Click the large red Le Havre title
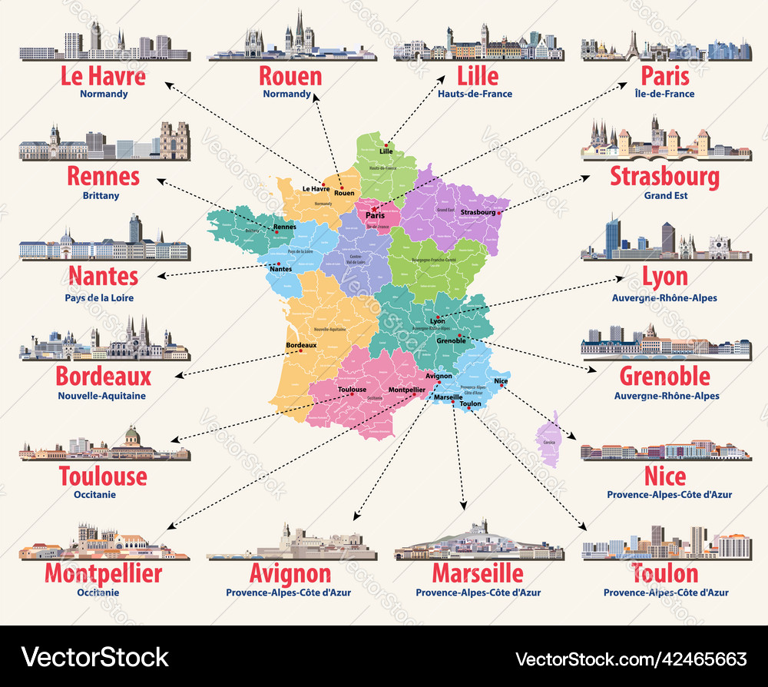click(x=103, y=76)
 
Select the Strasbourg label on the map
click(x=477, y=212)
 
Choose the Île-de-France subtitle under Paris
click(x=665, y=95)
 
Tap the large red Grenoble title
click(x=665, y=377)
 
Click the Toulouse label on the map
click(x=352, y=390)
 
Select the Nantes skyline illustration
click(x=104, y=240)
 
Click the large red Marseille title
click(x=478, y=573)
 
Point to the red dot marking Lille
click(x=386, y=143)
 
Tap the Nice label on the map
click(x=501, y=381)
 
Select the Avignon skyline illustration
click(x=292, y=544)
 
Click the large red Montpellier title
click(x=103, y=573)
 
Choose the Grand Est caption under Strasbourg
click(x=665, y=196)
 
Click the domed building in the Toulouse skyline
click(x=133, y=439)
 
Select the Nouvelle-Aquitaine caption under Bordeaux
click(x=101, y=397)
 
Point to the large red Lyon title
click(x=665, y=277)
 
